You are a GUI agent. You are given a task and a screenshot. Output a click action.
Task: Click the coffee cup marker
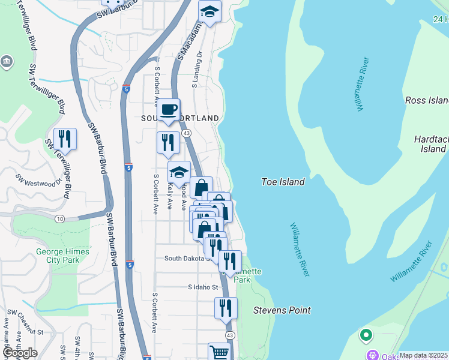point(169,110)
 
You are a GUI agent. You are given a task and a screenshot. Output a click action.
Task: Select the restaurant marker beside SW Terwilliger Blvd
point(65,139)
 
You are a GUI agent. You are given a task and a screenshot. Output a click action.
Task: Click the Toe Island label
point(283,181)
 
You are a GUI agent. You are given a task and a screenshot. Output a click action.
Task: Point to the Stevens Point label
point(282,310)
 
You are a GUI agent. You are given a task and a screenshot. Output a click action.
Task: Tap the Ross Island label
point(427,100)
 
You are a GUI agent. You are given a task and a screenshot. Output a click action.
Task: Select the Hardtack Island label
point(430,143)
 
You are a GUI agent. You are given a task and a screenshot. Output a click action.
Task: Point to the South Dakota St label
point(188,259)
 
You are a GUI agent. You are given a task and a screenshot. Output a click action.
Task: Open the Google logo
point(20,353)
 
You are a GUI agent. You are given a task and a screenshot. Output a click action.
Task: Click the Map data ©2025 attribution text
point(423,355)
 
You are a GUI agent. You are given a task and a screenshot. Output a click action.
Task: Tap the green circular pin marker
point(366,335)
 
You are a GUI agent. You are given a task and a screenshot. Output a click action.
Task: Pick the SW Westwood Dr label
point(39,179)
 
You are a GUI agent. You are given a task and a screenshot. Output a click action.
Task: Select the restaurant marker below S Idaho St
point(225,308)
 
